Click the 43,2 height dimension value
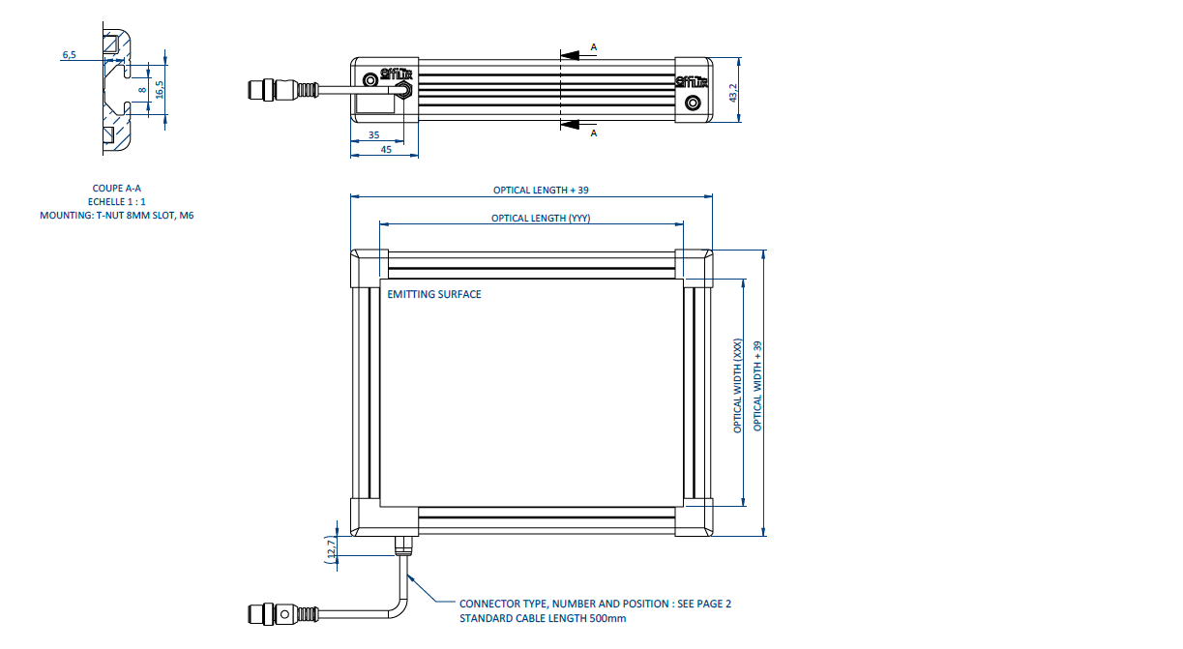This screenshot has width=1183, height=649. pos(733,93)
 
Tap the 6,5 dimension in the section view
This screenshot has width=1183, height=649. pos(69,56)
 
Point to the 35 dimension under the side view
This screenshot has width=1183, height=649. pos(374,135)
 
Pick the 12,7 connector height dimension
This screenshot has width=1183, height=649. pos(331,548)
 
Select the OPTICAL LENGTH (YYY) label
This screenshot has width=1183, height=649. pos(541,219)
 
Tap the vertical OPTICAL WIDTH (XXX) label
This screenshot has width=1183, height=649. pos(738,385)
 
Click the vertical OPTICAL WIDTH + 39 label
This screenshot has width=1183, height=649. pos(758,385)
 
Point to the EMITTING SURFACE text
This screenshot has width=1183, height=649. pos(434,294)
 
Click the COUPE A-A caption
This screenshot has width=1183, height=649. pos(117,189)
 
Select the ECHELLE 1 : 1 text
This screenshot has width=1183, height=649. pos(117,202)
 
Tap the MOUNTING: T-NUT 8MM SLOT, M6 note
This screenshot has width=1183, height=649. pos(117,216)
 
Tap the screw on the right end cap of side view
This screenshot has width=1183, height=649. pos(692,103)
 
